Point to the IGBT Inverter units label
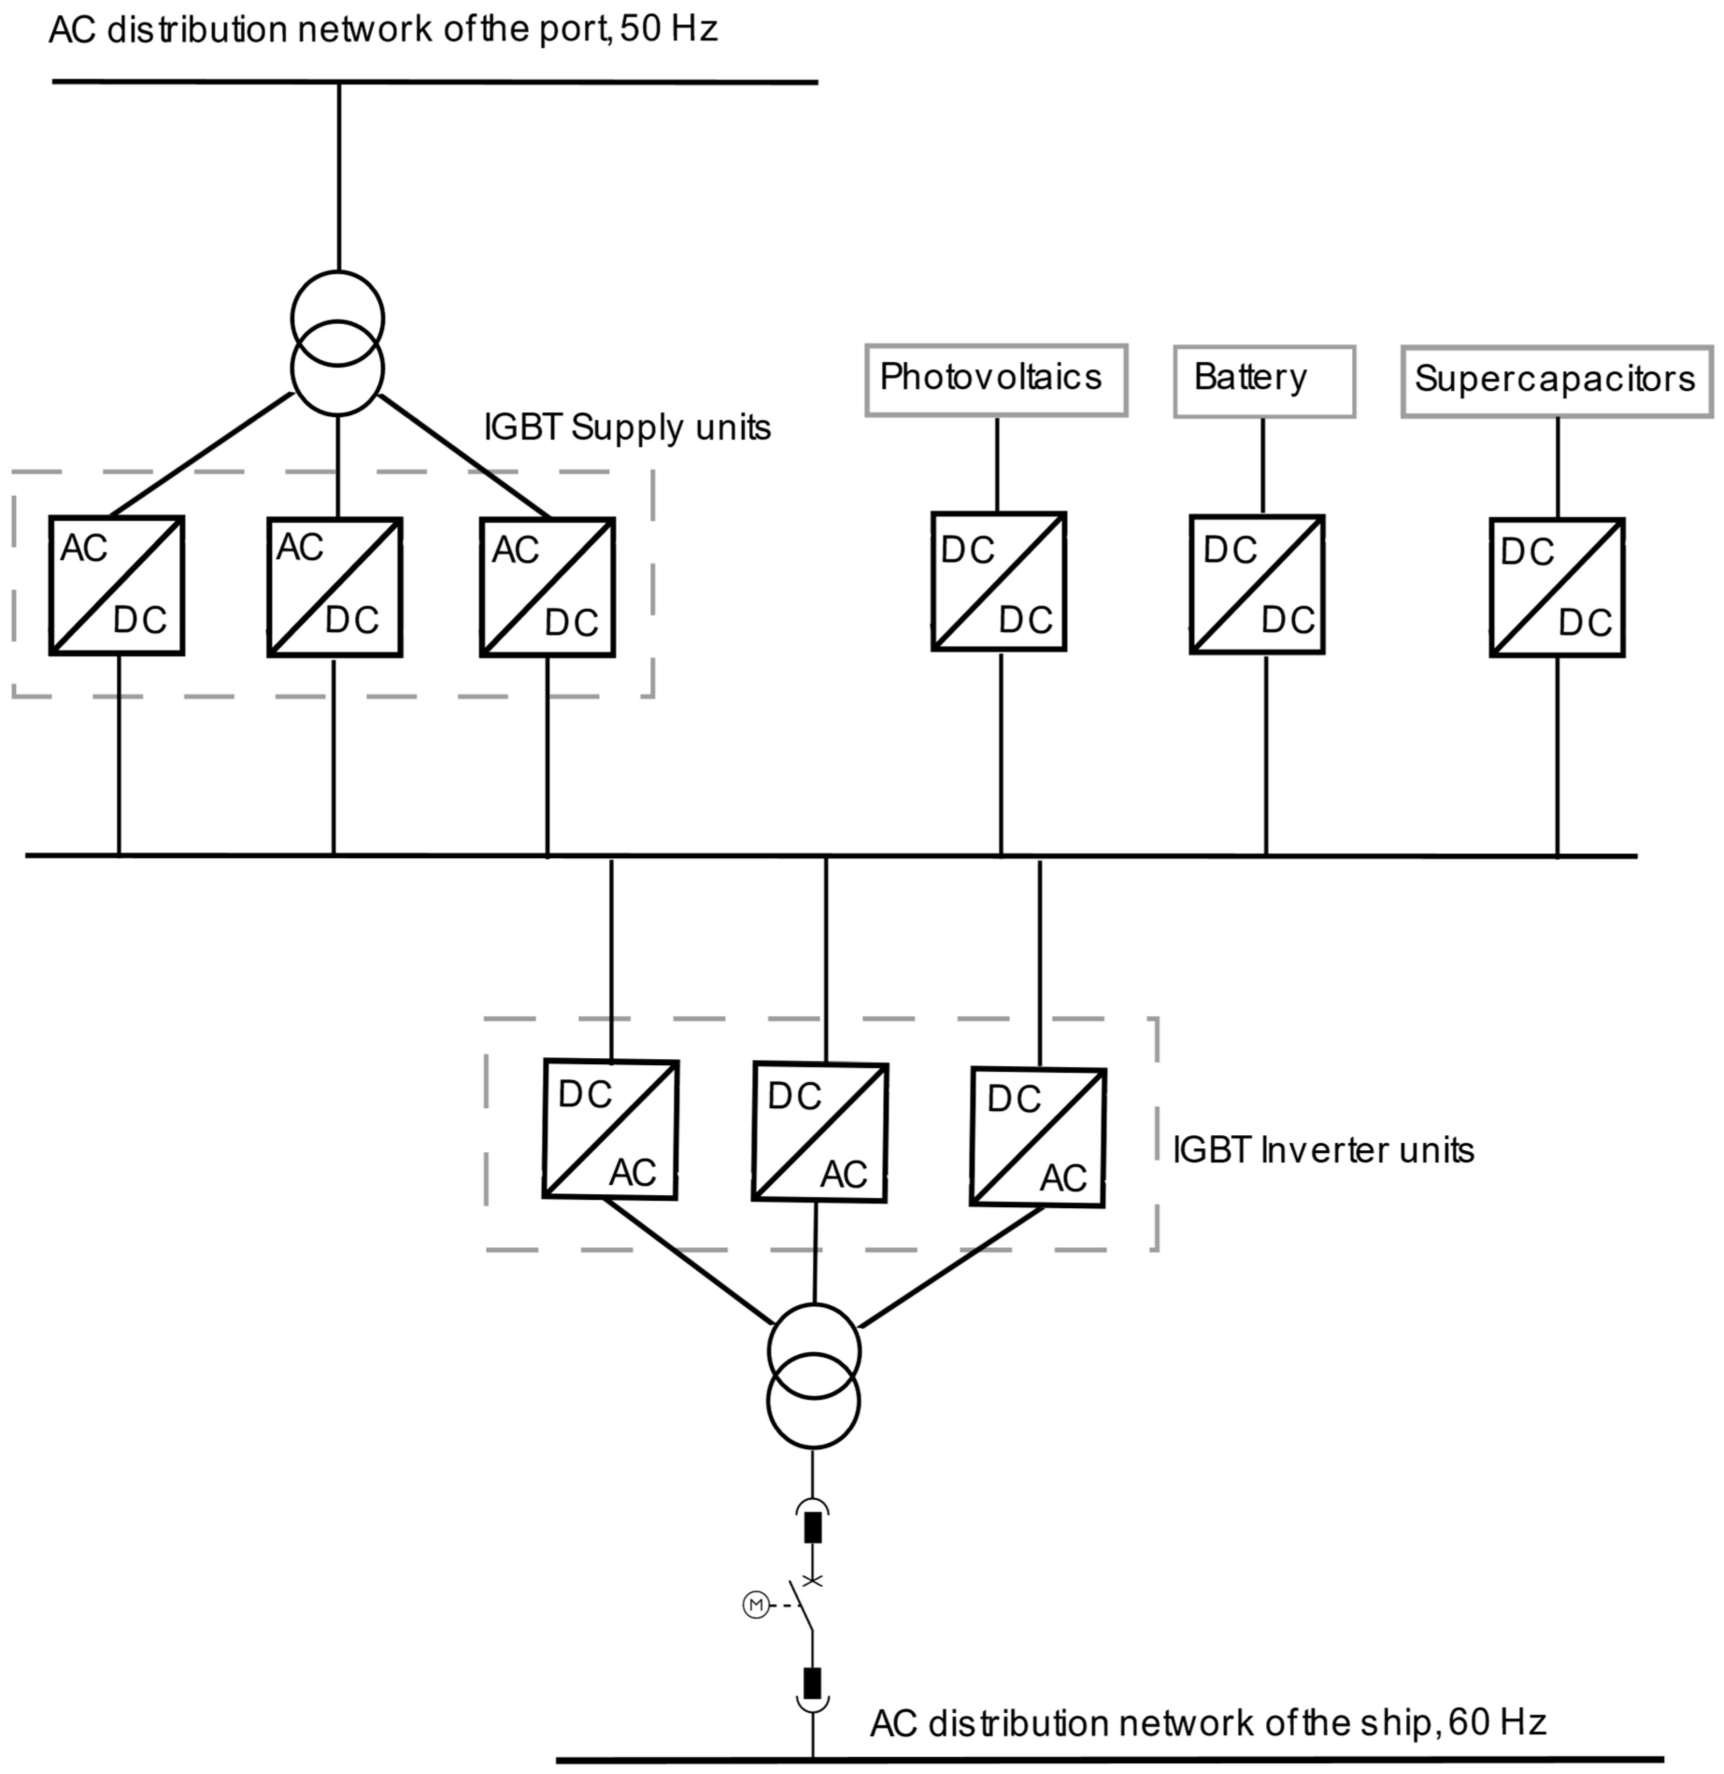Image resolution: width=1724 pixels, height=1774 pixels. click(1323, 1150)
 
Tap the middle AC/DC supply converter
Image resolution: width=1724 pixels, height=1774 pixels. click(334, 587)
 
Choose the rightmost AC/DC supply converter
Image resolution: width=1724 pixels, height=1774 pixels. click(547, 587)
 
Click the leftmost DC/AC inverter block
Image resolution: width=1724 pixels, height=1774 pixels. click(610, 1129)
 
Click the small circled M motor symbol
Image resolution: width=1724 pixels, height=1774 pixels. click(755, 1605)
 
